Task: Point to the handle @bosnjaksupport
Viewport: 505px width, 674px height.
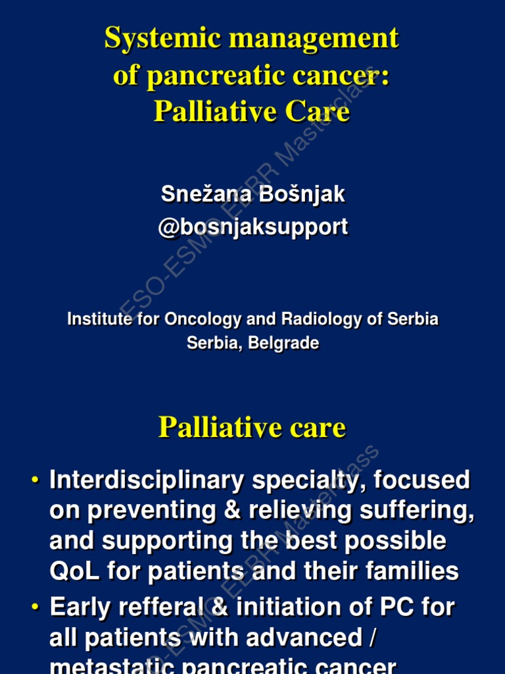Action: (252, 227)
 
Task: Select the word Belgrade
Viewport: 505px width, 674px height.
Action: (284, 343)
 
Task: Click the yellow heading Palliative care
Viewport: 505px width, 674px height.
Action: (252, 428)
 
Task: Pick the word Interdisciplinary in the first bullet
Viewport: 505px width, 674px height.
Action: (146, 480)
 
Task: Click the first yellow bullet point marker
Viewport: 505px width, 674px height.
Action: (36, 480)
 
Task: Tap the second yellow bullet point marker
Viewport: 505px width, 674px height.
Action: (36, 607)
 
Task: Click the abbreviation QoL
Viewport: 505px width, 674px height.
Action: (74, 571)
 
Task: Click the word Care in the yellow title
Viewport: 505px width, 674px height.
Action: (319, 112)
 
